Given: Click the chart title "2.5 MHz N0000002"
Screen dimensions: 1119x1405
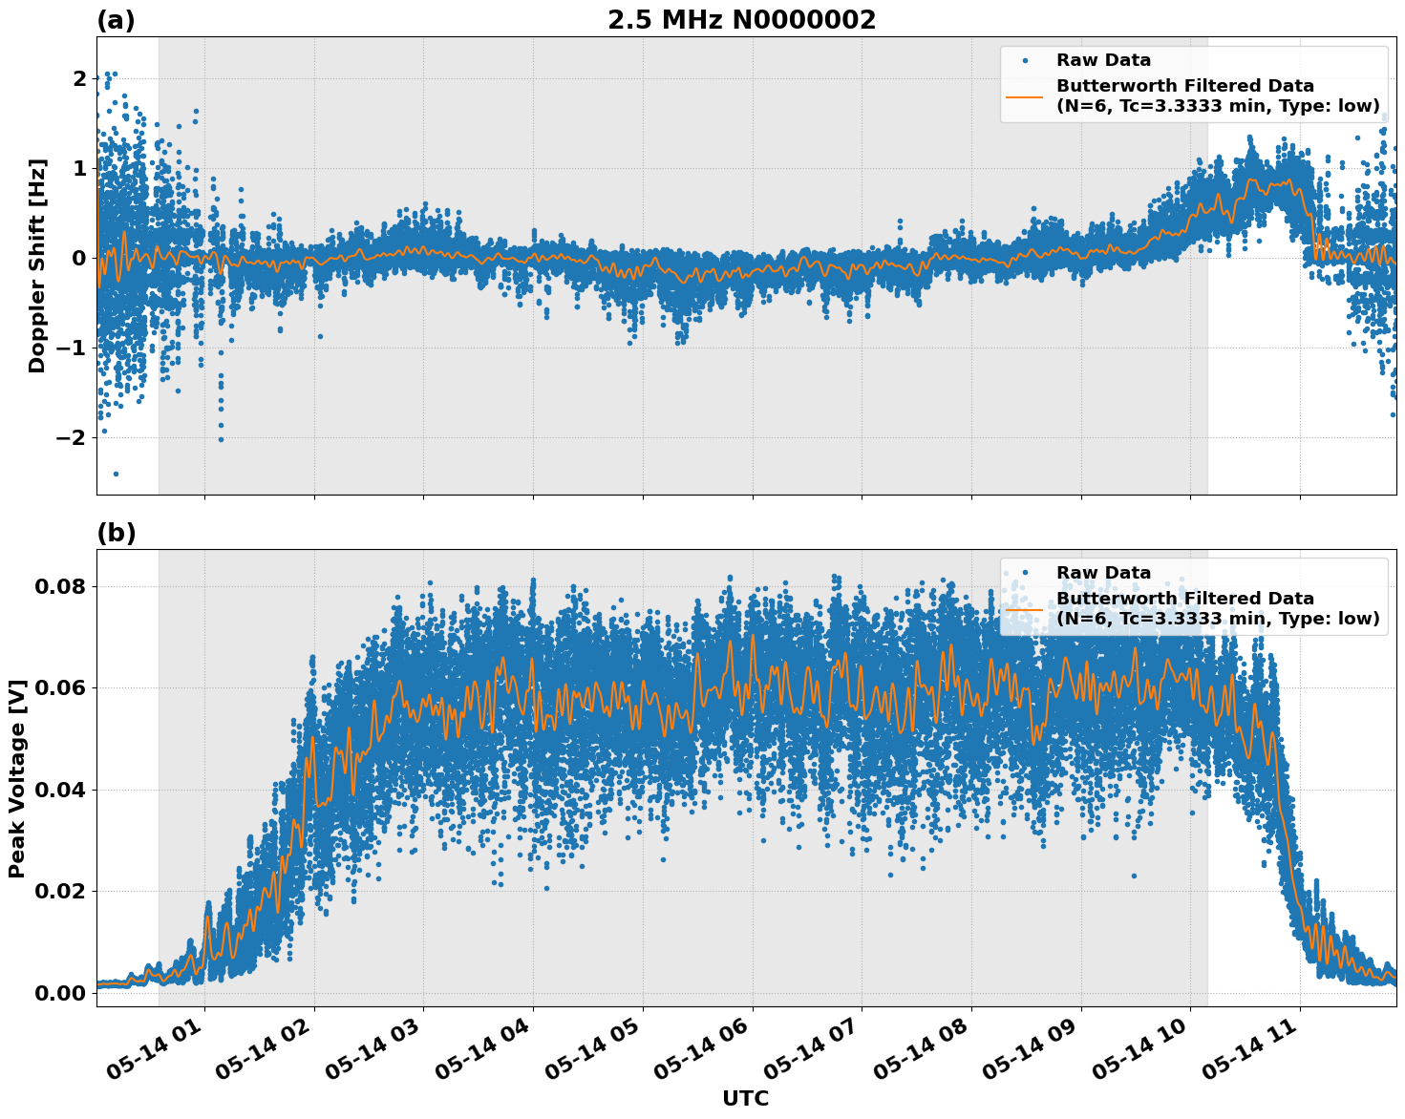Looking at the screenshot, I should pos(741,20).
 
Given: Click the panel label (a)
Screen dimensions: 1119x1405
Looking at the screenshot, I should pos(116,20).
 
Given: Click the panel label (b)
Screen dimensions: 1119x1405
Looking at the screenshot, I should pos(116,533).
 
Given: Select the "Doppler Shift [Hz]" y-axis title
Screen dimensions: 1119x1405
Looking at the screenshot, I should pos(37,265).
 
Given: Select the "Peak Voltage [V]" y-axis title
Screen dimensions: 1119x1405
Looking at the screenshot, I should pos(16,778).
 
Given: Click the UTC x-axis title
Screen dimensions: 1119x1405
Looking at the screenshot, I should pos(745,1098).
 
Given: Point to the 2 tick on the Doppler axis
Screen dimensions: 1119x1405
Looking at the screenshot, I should pos(79,78).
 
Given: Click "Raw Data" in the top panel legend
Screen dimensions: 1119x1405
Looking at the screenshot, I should pos(1103,60).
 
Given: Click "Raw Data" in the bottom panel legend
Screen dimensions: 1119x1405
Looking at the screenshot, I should pos(1103,573).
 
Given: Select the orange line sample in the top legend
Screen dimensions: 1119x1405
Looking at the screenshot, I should pos(1025,96).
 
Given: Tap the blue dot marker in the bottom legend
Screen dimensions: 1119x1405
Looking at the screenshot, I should pos(1025,573).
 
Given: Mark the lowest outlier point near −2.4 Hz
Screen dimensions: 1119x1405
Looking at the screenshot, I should pos(116,474).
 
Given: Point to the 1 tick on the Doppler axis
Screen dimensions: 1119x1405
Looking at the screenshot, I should pos(79,168).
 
